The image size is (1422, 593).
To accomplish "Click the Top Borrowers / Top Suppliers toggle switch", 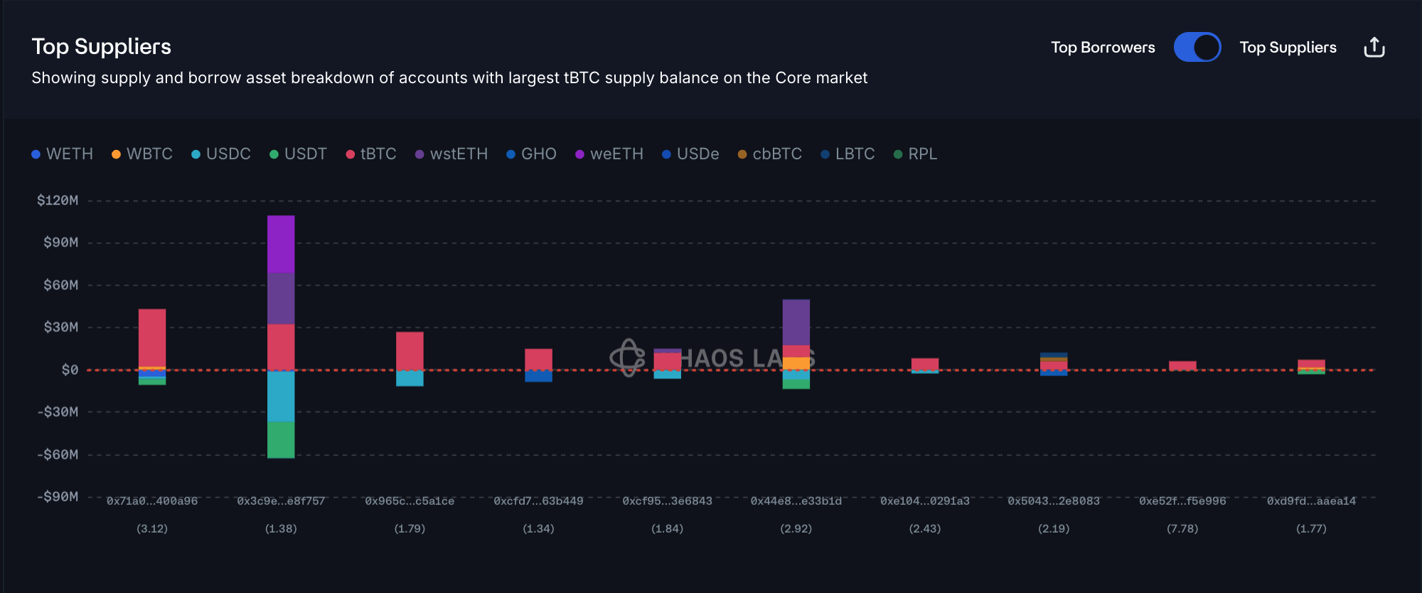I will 1197,48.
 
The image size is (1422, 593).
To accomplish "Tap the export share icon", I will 1374,48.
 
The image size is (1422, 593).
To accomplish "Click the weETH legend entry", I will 609,154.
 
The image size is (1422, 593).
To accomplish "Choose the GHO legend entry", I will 531,154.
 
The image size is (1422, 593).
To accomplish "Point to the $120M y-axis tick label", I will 58,201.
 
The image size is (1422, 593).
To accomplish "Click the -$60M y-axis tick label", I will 58,454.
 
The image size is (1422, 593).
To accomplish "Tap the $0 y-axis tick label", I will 70,370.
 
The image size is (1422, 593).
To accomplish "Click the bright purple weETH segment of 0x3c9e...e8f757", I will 281,244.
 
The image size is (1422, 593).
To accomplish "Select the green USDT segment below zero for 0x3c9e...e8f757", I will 281,439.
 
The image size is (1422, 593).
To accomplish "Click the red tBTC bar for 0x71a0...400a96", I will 152,338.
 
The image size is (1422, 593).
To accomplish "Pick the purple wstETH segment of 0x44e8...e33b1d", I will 796,322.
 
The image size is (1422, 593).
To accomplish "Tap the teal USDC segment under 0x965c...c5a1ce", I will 410,378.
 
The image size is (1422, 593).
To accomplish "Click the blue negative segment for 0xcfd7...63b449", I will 538,376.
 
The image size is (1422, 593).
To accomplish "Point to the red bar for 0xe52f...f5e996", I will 1182,365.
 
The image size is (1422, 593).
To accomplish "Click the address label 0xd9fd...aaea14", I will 1311,501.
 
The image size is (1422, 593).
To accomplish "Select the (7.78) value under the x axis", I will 1182,529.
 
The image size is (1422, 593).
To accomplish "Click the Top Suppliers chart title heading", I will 102,47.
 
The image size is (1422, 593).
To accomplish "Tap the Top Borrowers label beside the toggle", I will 1103,48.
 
